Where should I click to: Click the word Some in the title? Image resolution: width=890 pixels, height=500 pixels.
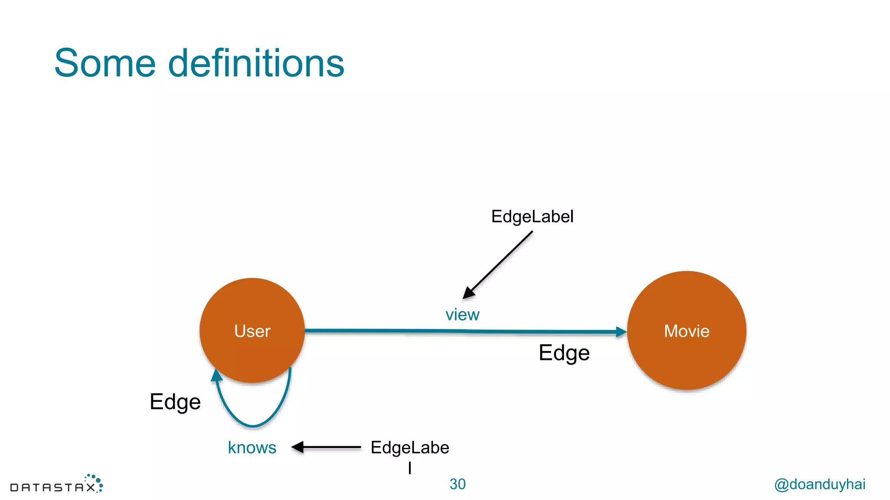coord(105,63)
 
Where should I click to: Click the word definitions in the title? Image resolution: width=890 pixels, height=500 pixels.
coord(256,63)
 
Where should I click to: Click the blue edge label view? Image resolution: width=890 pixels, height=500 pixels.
coord(462,315)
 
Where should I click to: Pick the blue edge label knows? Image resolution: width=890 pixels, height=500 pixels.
coord(252,447)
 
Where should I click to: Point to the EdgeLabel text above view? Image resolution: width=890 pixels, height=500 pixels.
coord(532,217)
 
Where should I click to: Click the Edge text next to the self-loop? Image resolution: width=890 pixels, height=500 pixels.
coord(175,401)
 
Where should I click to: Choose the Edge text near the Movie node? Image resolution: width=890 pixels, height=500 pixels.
coord(564,352)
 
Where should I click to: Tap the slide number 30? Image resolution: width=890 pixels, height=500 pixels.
coord(457,484)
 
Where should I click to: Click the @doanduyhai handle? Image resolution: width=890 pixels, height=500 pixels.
coord(820,484)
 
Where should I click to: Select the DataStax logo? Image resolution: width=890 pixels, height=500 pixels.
coord(56,484)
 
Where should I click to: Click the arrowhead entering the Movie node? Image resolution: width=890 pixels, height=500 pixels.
coord(621,332)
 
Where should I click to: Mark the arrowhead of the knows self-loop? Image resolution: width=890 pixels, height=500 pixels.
coord(216,375)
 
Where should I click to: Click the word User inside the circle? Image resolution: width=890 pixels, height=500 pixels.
coord(252,331)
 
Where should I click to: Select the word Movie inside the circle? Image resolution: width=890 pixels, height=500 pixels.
coord(687,331)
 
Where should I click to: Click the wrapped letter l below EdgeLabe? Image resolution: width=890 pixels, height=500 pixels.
coord(410,468)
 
